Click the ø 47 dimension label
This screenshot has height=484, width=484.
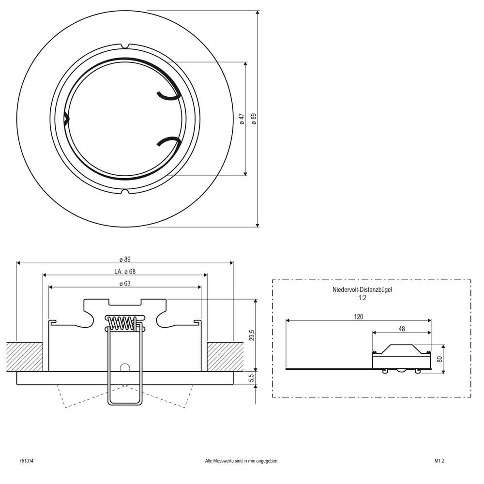click(x=242, y=119)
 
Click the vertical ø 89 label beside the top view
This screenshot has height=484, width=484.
click(x=254, y=119)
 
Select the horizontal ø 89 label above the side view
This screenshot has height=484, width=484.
click(x=125, y=259)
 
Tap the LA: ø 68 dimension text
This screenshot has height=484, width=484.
click(x=125, y=272)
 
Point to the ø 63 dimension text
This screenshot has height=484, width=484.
click(x=125, y=284)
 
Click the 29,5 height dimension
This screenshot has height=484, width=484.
click(x=252, y=335)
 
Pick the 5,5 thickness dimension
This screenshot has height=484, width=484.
click(x=252, y=378)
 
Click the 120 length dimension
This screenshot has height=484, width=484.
click(x=358, y=317)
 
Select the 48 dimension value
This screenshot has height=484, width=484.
click(x=402, y=329)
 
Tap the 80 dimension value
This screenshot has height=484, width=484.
click(x=440, y=359)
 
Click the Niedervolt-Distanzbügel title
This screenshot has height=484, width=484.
click(x=362, y=290)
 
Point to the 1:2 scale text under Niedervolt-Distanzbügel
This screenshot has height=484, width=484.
click(x=363, y=298)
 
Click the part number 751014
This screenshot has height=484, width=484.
click(x=27, y=461)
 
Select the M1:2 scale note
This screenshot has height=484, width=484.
click(x=439, y=461)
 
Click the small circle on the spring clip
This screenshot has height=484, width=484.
click(x=125, y=368)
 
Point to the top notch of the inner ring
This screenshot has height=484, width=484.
click(x=125, y=46)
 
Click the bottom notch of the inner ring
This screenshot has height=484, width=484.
click(x=125, y=192)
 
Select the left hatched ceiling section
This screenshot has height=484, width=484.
click(x=24, y=357)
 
